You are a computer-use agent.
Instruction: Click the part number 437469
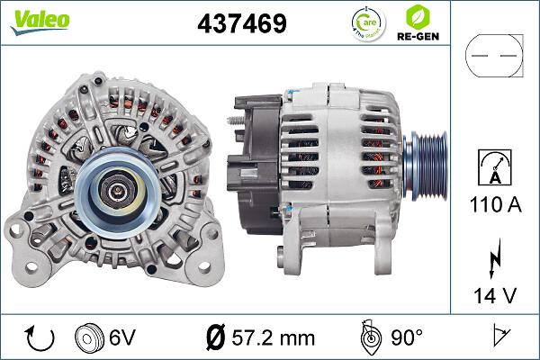coord(241,23)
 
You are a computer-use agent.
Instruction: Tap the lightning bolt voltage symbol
coord(495,259)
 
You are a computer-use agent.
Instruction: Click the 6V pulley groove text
coord(122,338)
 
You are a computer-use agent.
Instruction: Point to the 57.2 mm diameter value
coord(273,338)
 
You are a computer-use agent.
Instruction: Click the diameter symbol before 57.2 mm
coord(215,338)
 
